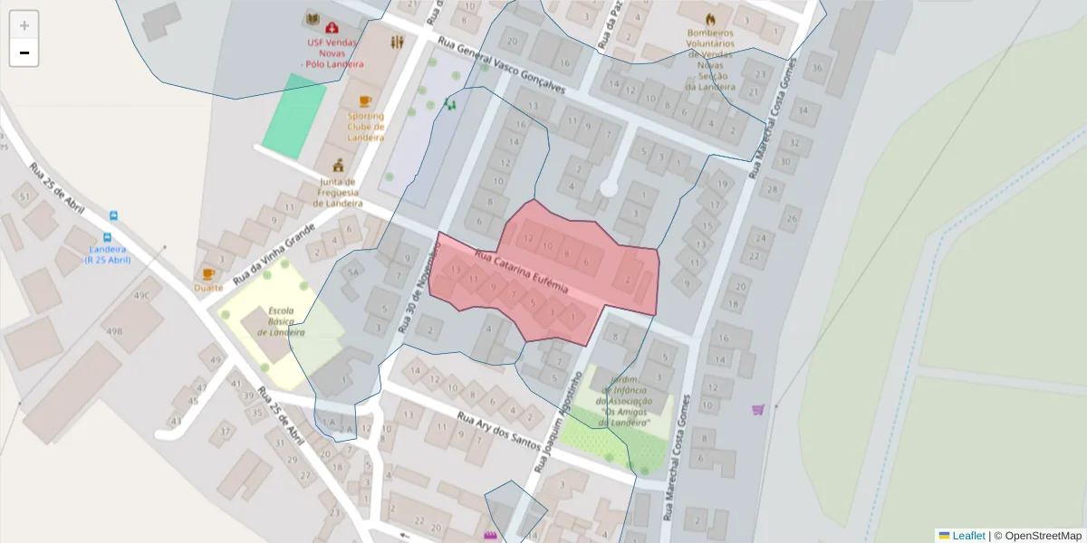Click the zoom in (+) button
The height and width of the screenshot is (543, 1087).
(x=24, y=25)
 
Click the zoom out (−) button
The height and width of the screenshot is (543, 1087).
(x=24, y=52)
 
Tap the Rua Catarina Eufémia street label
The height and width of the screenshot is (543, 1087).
(x=521, y=274)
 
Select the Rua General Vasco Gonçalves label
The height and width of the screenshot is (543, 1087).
(x=501, y=66)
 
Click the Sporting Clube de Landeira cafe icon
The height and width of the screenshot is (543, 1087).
(x=365, y=100)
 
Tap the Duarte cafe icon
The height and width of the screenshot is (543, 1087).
(x=208, y=273)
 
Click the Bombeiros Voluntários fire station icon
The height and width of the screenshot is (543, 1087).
(x=709, y=18)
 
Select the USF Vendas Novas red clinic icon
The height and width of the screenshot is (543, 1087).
(x=332, y=27)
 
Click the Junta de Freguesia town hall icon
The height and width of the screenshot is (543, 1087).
(x=339, y=165)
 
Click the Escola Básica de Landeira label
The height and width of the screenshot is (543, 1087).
(x=281, y=321)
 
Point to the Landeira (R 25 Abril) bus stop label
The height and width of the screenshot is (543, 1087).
(x=108, y=254)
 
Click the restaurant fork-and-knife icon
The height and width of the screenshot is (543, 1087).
(x=397, y=42)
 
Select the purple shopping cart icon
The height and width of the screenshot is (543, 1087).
(x=758, y=409)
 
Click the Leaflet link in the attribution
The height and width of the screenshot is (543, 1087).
(x=967, y=535)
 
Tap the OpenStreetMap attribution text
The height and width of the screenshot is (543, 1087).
(x=1037, y=535)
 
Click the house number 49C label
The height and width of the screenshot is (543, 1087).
(x=141, y=296)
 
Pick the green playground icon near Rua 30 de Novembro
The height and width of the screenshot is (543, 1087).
(x=449, y=104)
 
